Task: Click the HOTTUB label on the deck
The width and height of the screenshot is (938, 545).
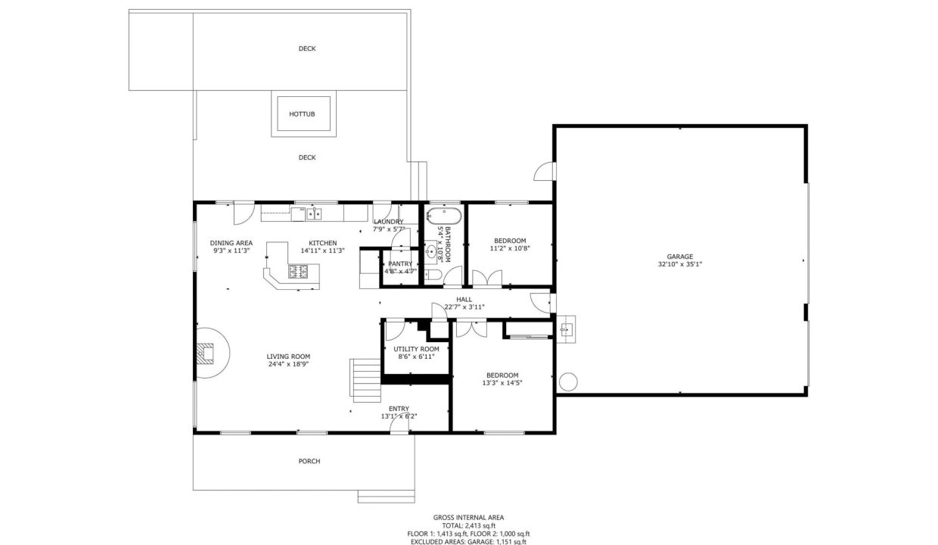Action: coord(301,115)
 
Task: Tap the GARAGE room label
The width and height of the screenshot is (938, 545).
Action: coord(679,257)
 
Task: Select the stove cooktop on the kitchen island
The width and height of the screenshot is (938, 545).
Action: coord(298,271)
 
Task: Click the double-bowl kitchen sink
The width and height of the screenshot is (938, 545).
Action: coord(314,214)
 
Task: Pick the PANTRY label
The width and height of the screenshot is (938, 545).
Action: coord(400,264)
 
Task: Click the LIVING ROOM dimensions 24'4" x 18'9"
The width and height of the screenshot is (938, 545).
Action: coord(287,364)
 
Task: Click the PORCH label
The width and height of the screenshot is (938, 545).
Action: coord(309,461)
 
